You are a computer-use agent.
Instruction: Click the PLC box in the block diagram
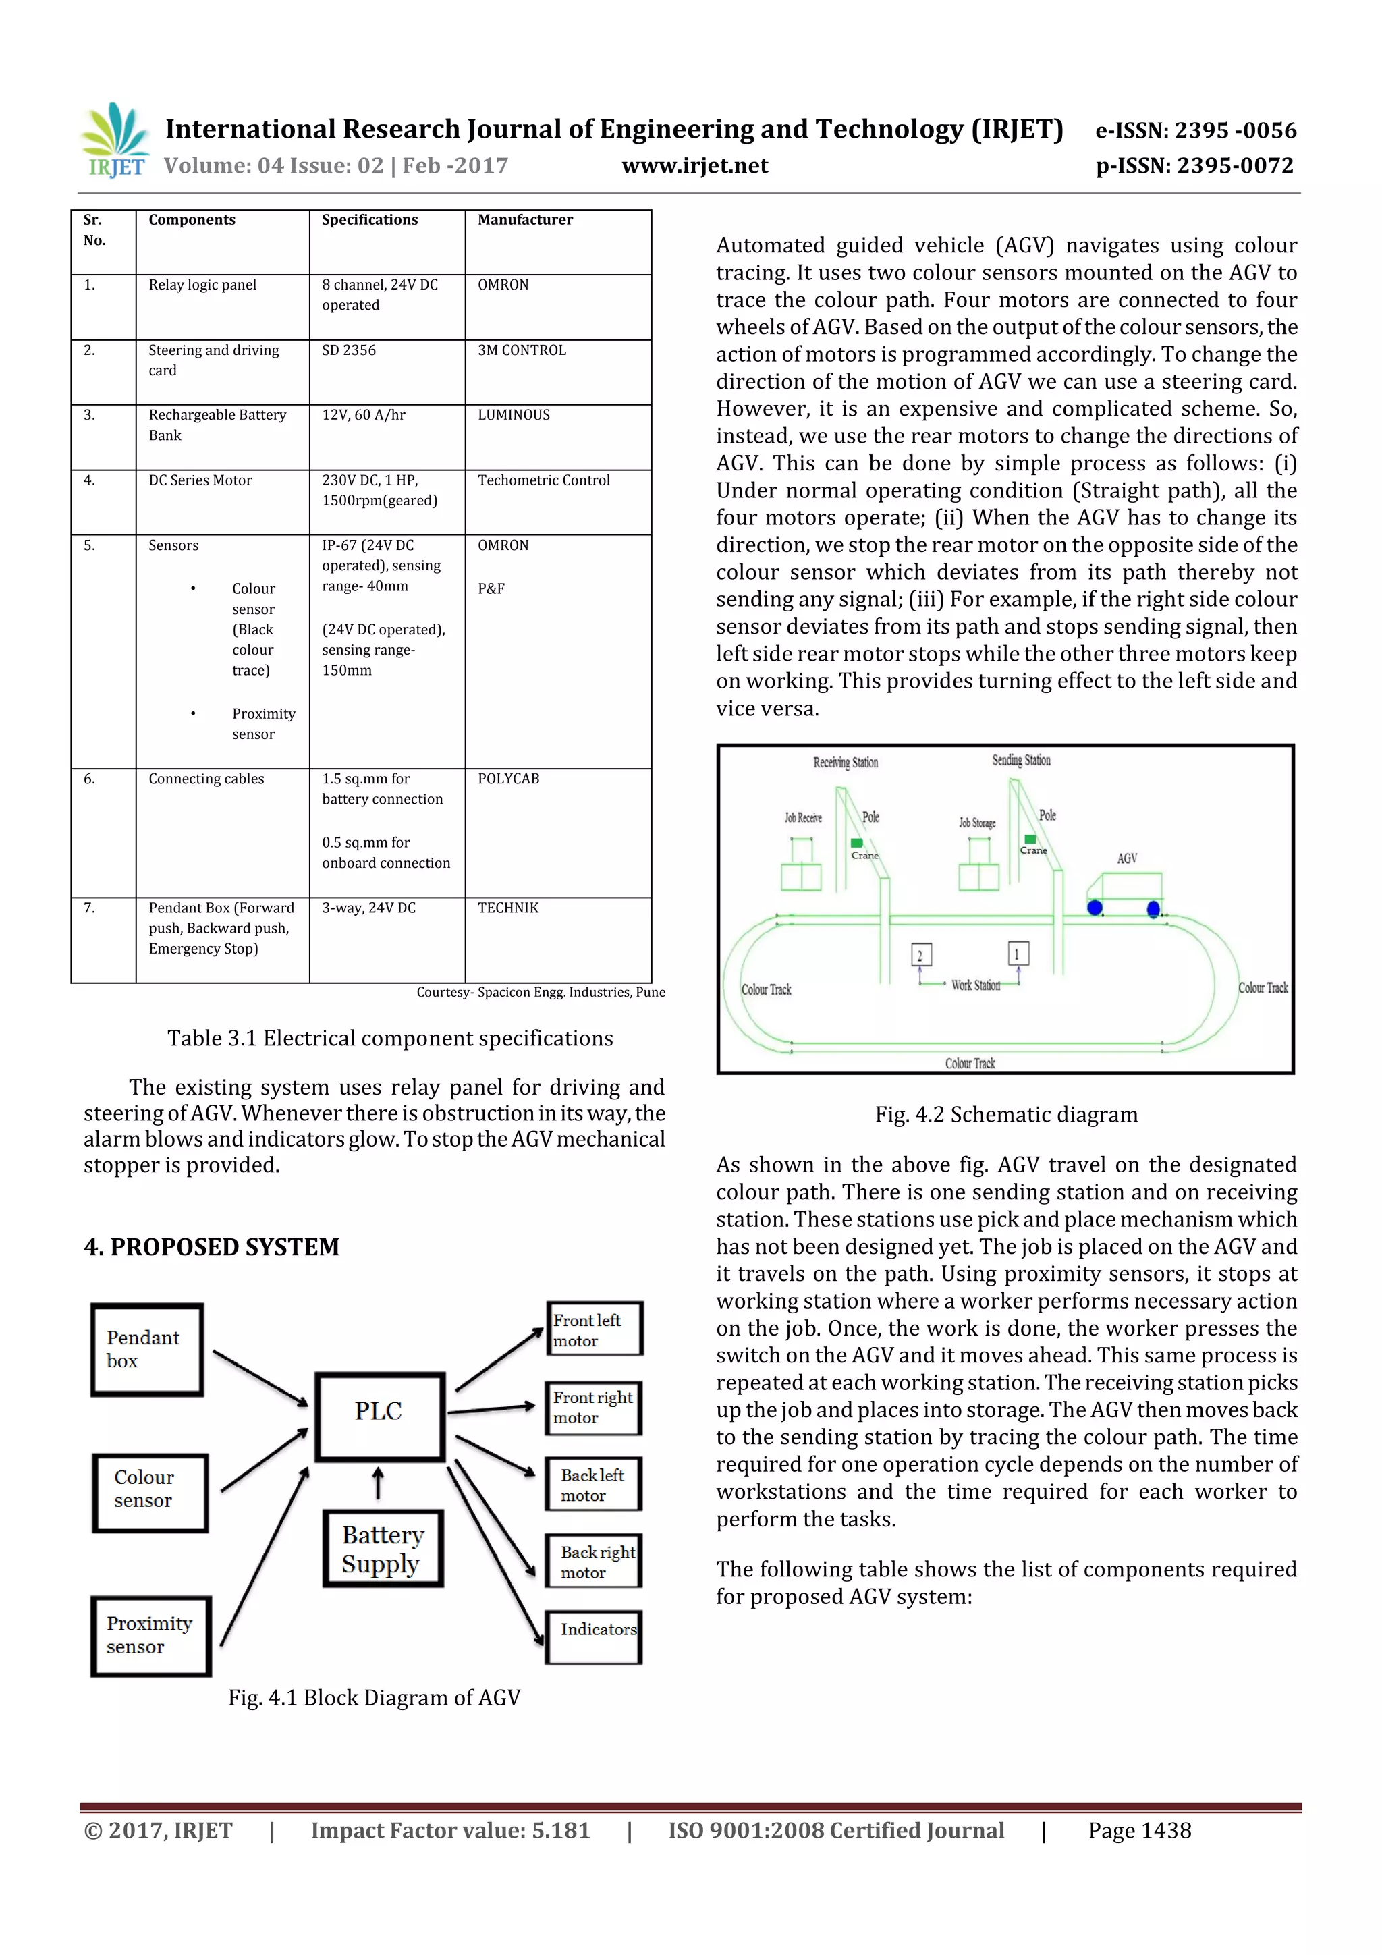[x=380, y=1416]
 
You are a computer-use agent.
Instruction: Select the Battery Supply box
[x=383, y=1549]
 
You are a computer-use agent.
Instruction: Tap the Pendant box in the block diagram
[x=146, y=1350]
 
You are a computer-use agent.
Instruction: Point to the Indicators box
[x=594, y=1636]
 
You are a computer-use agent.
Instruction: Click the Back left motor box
[x=594, y=1484]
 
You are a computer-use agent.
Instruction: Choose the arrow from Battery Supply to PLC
[x=378, y=1483]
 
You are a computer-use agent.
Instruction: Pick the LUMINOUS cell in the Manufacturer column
[x=514, y=414]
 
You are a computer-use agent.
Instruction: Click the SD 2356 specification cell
[x=348, y=350]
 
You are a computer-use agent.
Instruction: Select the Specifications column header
[x=370, y=220]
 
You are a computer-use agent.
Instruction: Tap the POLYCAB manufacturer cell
[x=508, y=778]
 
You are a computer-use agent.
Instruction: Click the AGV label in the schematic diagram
[x=1126, y=858]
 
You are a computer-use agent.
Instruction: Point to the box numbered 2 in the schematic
[x=920, y=954]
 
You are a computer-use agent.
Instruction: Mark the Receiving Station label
[x=845, y=762]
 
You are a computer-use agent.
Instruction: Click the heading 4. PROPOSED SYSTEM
[x=211, y=1246]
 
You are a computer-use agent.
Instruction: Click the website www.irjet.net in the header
[x=695, y=165]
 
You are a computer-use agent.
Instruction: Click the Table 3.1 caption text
[x=390, y=1038]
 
